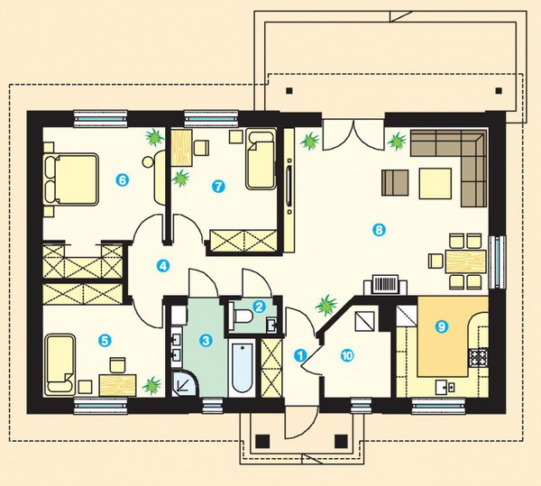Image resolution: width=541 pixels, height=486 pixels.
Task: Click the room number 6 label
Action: [123, 179]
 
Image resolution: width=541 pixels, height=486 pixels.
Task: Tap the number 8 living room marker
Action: [379, 230]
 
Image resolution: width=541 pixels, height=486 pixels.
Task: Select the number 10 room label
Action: [347, 355]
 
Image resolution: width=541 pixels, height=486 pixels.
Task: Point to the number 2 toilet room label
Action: [259, 307]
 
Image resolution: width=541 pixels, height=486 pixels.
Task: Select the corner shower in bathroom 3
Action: [186, 383]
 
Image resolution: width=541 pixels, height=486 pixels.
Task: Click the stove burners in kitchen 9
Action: [478, 358]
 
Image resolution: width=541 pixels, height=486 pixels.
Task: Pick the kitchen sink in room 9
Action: [445, 387]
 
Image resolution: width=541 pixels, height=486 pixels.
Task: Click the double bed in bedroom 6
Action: [71, 179]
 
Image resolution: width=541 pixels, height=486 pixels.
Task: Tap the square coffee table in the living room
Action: [436, 184]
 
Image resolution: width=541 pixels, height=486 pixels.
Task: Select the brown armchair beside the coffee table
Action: [395, 183]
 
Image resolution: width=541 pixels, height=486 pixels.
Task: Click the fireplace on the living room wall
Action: [385, 285]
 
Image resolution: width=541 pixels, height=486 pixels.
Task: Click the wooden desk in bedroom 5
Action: [117, 385]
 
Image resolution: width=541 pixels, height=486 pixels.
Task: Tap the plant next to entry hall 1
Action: [326, 305]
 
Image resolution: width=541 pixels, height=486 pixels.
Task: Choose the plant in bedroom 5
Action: [151, 386]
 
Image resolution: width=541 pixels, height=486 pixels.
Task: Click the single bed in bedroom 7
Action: [261, 159]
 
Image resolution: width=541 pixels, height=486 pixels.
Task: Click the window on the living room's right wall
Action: [497, 262]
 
